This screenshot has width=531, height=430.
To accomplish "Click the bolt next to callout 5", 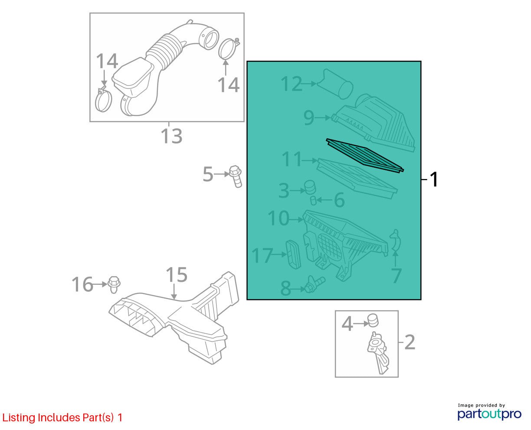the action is click(x=236, y=176).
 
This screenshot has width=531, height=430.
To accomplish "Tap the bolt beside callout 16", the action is click(x=114, y=284).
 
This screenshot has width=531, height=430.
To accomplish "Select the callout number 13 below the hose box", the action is click(x=171, y=136).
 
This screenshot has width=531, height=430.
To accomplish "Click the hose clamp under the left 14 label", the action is click(x=103, y=100).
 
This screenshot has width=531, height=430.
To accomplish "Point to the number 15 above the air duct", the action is click(x=177, y=275).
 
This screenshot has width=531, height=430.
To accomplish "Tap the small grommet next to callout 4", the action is click(x=373, y=320).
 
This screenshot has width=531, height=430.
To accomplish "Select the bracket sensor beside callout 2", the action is click(x=378, y=352).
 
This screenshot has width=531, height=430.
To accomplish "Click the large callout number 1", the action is click(x=434, y=179).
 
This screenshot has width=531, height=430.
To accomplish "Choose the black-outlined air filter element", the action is click(x=365, y=155).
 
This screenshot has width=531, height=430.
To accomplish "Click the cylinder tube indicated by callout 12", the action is click(x=335, y=84).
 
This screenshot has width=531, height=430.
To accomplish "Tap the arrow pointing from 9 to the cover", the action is click(x=323, y=117).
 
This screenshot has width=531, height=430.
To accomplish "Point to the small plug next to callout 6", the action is click(x=313, y=200).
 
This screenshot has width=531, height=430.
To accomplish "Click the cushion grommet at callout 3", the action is click(x=310, y=187).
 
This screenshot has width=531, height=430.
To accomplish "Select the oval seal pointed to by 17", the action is click(x=293, y=254).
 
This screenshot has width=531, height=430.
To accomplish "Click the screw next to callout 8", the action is click(x=315, y=284).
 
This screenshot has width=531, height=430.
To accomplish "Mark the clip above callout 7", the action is click(x=395, y=241).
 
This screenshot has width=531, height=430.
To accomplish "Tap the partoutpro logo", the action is click(x=489, y=414).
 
